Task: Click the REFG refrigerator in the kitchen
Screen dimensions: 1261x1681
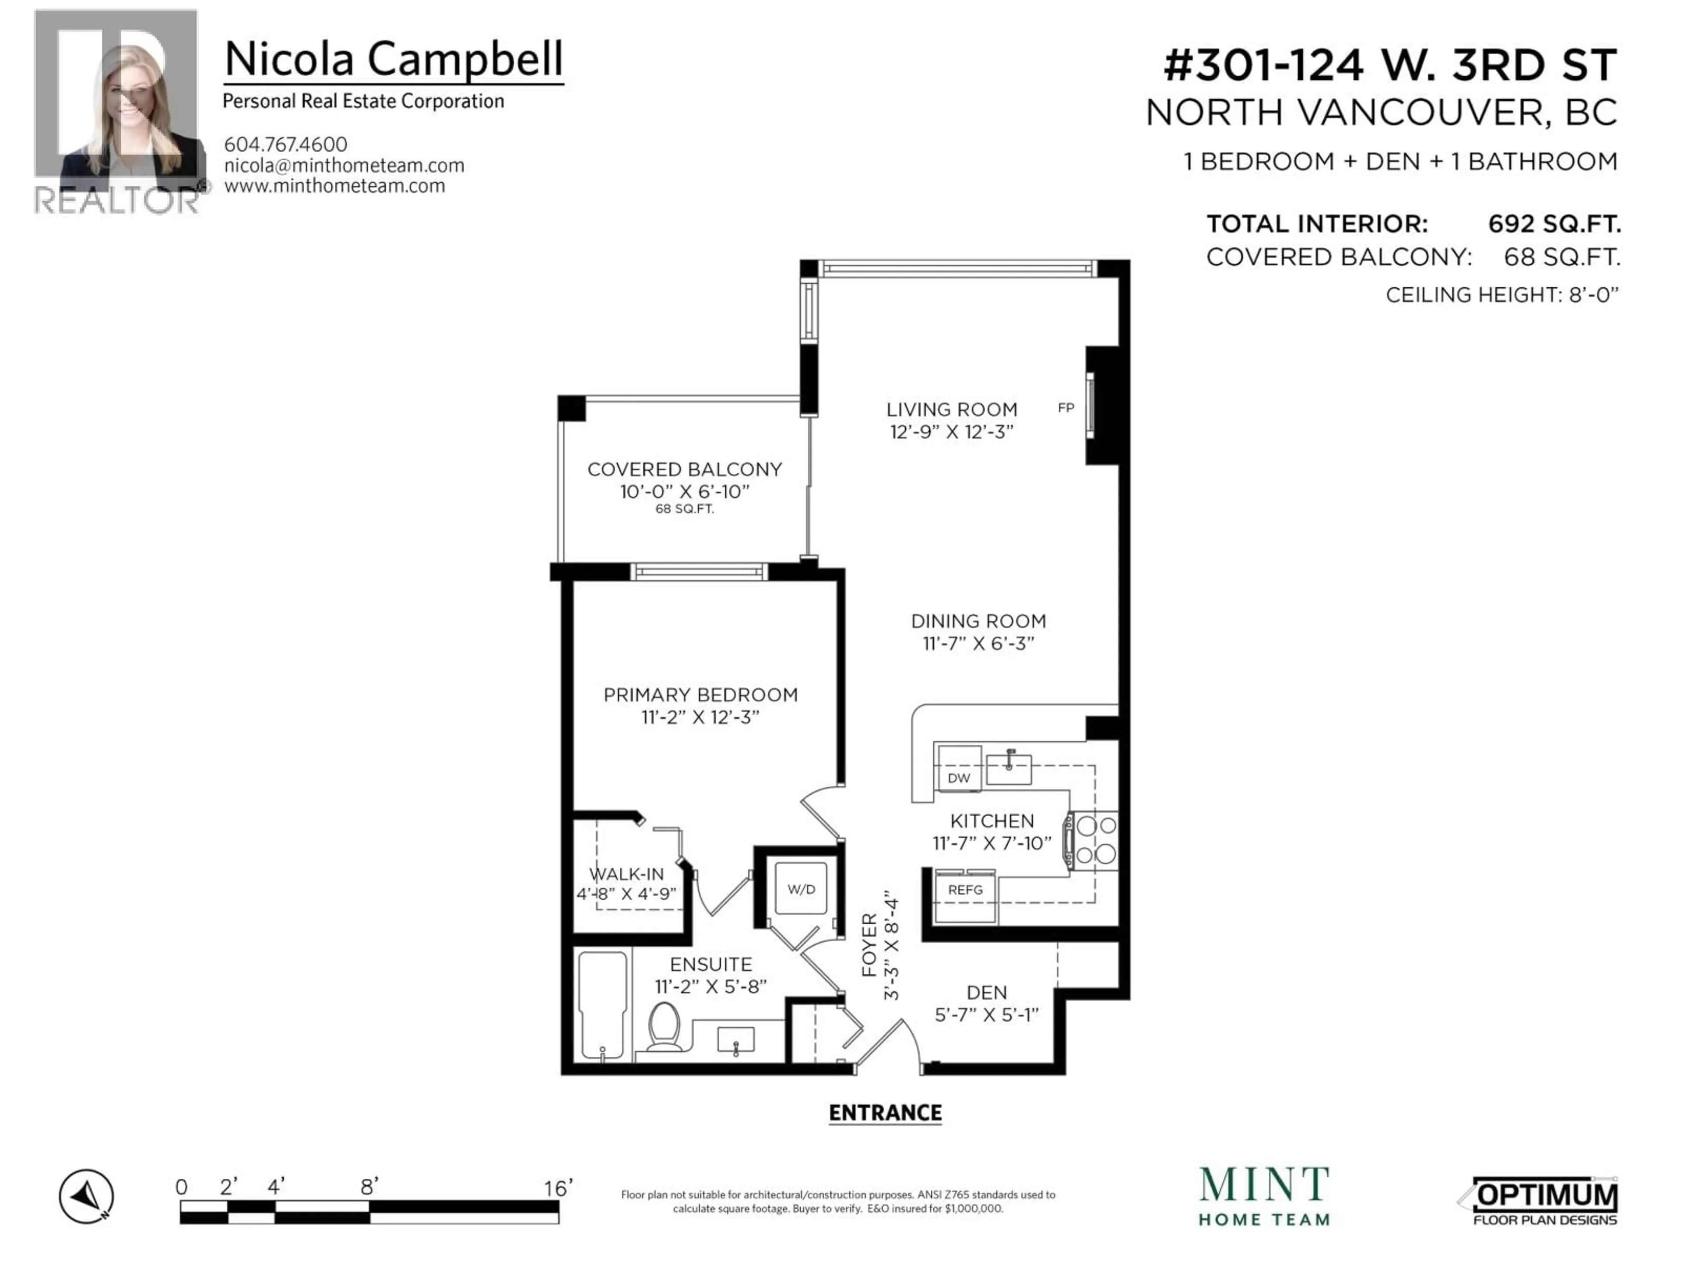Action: tap(965, 895)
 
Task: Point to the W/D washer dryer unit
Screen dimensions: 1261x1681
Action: tap(801, 888)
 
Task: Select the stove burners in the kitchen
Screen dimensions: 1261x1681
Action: tap(1096, 840)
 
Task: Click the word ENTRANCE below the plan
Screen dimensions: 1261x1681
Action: tap(885, 1113)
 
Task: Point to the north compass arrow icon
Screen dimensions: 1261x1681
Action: tap(87, 1196)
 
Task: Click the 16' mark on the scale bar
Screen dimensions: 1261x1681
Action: tap(558, 1187)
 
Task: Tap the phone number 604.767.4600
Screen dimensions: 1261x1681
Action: tap(286, 144)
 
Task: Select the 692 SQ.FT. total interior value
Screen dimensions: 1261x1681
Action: tap(1554, 224)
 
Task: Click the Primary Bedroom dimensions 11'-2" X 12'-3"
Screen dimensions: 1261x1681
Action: tap(700, 717)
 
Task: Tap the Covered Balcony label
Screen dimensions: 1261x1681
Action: tap(685, 470)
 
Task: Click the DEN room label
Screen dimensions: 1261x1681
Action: tap(986, 993)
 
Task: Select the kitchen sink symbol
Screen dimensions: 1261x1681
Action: tap(1009, 768)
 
